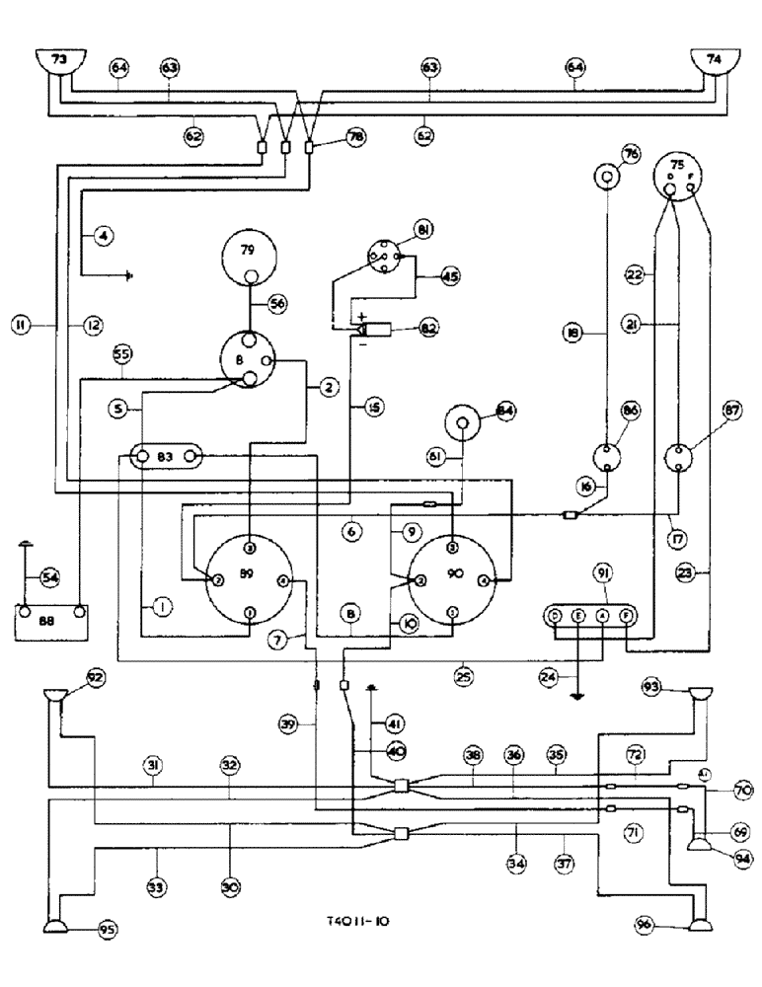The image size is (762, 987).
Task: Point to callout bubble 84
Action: (506, 410)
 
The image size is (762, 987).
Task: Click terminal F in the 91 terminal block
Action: (625, 616)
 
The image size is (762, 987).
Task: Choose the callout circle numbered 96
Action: (647, 926)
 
